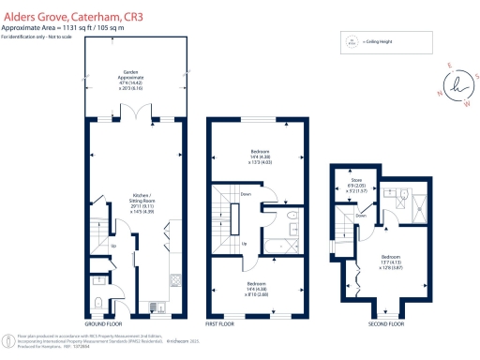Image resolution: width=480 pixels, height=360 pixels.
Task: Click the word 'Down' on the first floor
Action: point(245,195)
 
